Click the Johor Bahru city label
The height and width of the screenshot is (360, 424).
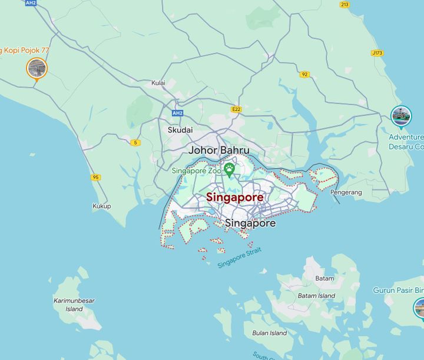click(x=218, y=151)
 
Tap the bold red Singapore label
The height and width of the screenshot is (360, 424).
click(x=234, y=198)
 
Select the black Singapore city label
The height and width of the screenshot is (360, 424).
click(x=250, y=224)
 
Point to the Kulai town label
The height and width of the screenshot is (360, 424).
click(x=158, y=84)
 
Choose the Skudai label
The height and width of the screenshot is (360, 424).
click(x=180, y=130)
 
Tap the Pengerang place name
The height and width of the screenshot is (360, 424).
click(x=346, y=192)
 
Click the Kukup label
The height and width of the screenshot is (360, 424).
click(x=101, y=206)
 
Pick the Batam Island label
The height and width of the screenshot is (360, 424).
click(x=316, y=296)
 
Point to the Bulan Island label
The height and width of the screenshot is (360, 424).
click(x=269, y=333)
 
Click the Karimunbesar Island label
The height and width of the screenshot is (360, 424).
click(x=74, y=305)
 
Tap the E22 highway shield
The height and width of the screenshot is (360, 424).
click(x=237, y=109)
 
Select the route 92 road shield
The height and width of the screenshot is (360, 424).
click(x=304, y=75)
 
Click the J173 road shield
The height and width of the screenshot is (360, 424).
click(x=377, y=53)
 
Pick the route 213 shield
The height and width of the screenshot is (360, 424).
click(x=344, y=5)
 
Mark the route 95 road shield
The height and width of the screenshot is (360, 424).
click(x=95, y=177)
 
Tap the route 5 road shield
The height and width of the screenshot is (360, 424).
click(x=136, y=142)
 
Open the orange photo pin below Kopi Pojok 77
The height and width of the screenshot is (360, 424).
click(x=37, y=68)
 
